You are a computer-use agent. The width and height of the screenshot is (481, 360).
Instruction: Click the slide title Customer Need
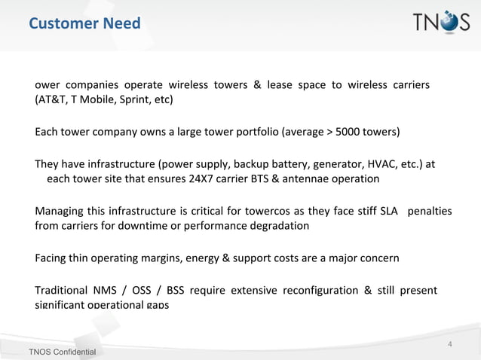pyautogui.click(x=84, y=24)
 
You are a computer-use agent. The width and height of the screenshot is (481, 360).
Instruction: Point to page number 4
pyautogui.click(x=450, y=345)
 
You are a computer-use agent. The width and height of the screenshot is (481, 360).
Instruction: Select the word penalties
pyautogui.click(x=429, y=212)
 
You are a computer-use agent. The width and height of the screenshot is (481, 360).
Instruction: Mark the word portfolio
pyautogui.click(x=252, y=133)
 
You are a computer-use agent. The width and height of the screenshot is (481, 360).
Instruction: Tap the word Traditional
pyautogui.click(x=60, y=291)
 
